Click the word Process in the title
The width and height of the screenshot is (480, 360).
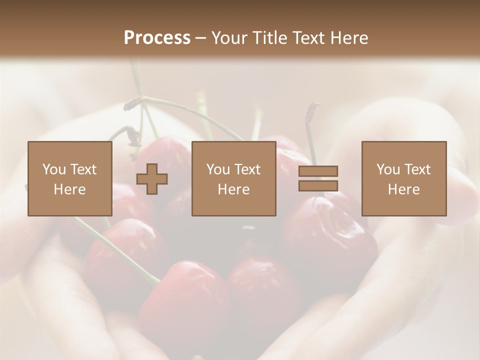coord(157,38)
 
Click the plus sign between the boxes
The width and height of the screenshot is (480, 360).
coord(152,178)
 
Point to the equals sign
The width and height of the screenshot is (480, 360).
coord(318,178)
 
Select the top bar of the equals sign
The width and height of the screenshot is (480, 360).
coord(318,171)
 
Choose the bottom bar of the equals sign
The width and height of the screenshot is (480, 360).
coord(318,186)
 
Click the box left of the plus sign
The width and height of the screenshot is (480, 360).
coord(70,178)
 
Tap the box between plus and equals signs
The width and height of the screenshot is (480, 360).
coord(233,178)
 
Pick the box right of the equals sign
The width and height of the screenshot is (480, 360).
coord(403,178)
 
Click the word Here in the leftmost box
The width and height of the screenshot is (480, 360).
coord(70,189)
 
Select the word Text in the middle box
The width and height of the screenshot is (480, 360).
coord(247,169)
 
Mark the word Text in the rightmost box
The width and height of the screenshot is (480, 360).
coord(418,169)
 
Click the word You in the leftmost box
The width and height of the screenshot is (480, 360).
coord(54,169)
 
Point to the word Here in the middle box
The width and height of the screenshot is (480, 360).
coord(233,189)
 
